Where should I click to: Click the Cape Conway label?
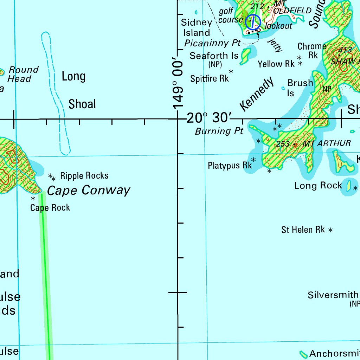coord(89,191)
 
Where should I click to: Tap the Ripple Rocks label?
coord(84,175)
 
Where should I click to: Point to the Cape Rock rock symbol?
coord(33,198)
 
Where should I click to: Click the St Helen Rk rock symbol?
coord(330,230)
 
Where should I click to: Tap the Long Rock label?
coord(318,186)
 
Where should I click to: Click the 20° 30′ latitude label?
coord(209,118)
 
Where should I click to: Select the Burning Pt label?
coord(219,131)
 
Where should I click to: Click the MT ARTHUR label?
coord(327,143)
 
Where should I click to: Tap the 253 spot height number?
coord(283,144)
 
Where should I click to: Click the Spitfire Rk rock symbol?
coord(231,71)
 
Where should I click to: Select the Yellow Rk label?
coord(276,64)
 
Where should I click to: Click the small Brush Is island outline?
coord(283,88)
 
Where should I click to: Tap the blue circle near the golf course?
coord(253,22)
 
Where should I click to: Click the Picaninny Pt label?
coord(212,43)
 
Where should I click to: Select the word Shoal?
coord(82,104)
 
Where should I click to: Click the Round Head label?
coord(22,74)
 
